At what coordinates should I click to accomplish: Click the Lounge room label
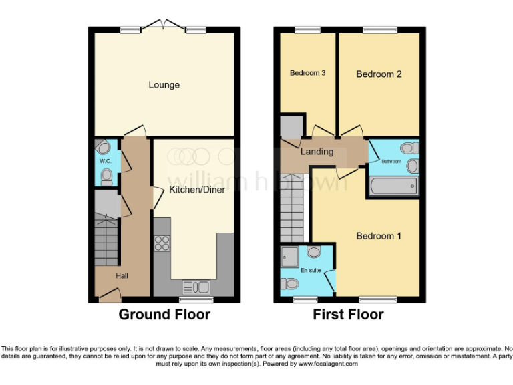pos(164,85)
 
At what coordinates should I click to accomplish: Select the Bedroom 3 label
pos(307,73)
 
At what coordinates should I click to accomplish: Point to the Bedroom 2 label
pos(379,74)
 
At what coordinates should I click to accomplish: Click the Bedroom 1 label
pos(379,236)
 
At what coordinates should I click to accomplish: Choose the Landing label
pos(317,152)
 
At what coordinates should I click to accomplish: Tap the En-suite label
pos(311,270)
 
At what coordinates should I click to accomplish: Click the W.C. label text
pos(105,162)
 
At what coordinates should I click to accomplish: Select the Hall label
pos(122,275)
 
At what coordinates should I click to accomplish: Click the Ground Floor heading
pos(164,314)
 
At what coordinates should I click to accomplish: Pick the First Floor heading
pos(348,314)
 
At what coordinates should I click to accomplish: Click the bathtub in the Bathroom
pos(393,186)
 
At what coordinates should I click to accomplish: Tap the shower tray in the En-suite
pos(291,255)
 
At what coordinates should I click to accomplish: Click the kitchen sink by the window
pos(196,287)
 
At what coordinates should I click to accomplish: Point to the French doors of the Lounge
pos(163,26)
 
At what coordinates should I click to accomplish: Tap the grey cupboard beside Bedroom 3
pos(291,126)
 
